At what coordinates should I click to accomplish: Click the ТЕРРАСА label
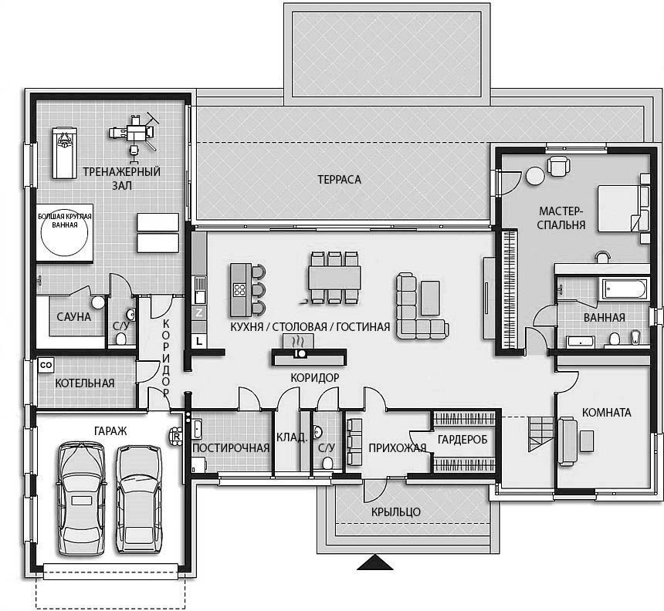339,180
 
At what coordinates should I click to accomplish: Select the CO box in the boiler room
46,365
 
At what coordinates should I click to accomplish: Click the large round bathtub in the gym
64,234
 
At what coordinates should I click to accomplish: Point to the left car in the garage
80,498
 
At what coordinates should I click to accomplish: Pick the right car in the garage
139,499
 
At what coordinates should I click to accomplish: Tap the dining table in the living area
334,278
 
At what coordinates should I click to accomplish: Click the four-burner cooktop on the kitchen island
239,290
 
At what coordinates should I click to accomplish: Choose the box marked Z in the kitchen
199,313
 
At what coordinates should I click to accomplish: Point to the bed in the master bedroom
623,208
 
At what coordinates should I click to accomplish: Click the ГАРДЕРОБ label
462,440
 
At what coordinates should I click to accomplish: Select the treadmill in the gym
64,152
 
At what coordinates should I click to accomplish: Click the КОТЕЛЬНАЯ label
85,383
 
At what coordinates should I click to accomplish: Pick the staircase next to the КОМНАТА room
540,434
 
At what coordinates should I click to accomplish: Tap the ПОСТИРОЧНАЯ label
231,447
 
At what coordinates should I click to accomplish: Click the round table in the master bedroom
534,176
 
